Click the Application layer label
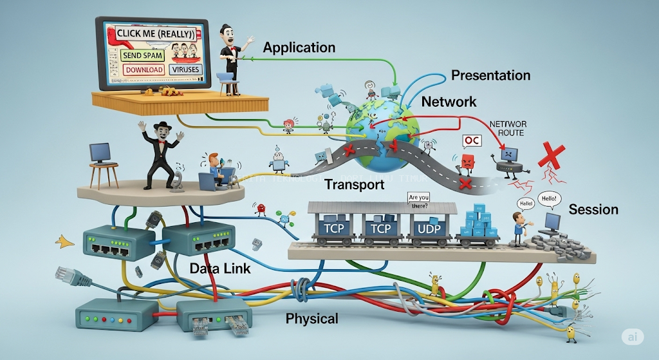299,48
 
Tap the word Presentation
490,75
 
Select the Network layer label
449,102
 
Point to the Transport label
354,185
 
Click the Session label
593,209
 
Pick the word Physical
311,318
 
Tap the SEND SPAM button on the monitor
142,56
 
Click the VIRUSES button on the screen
185,70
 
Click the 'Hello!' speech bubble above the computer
548,200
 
